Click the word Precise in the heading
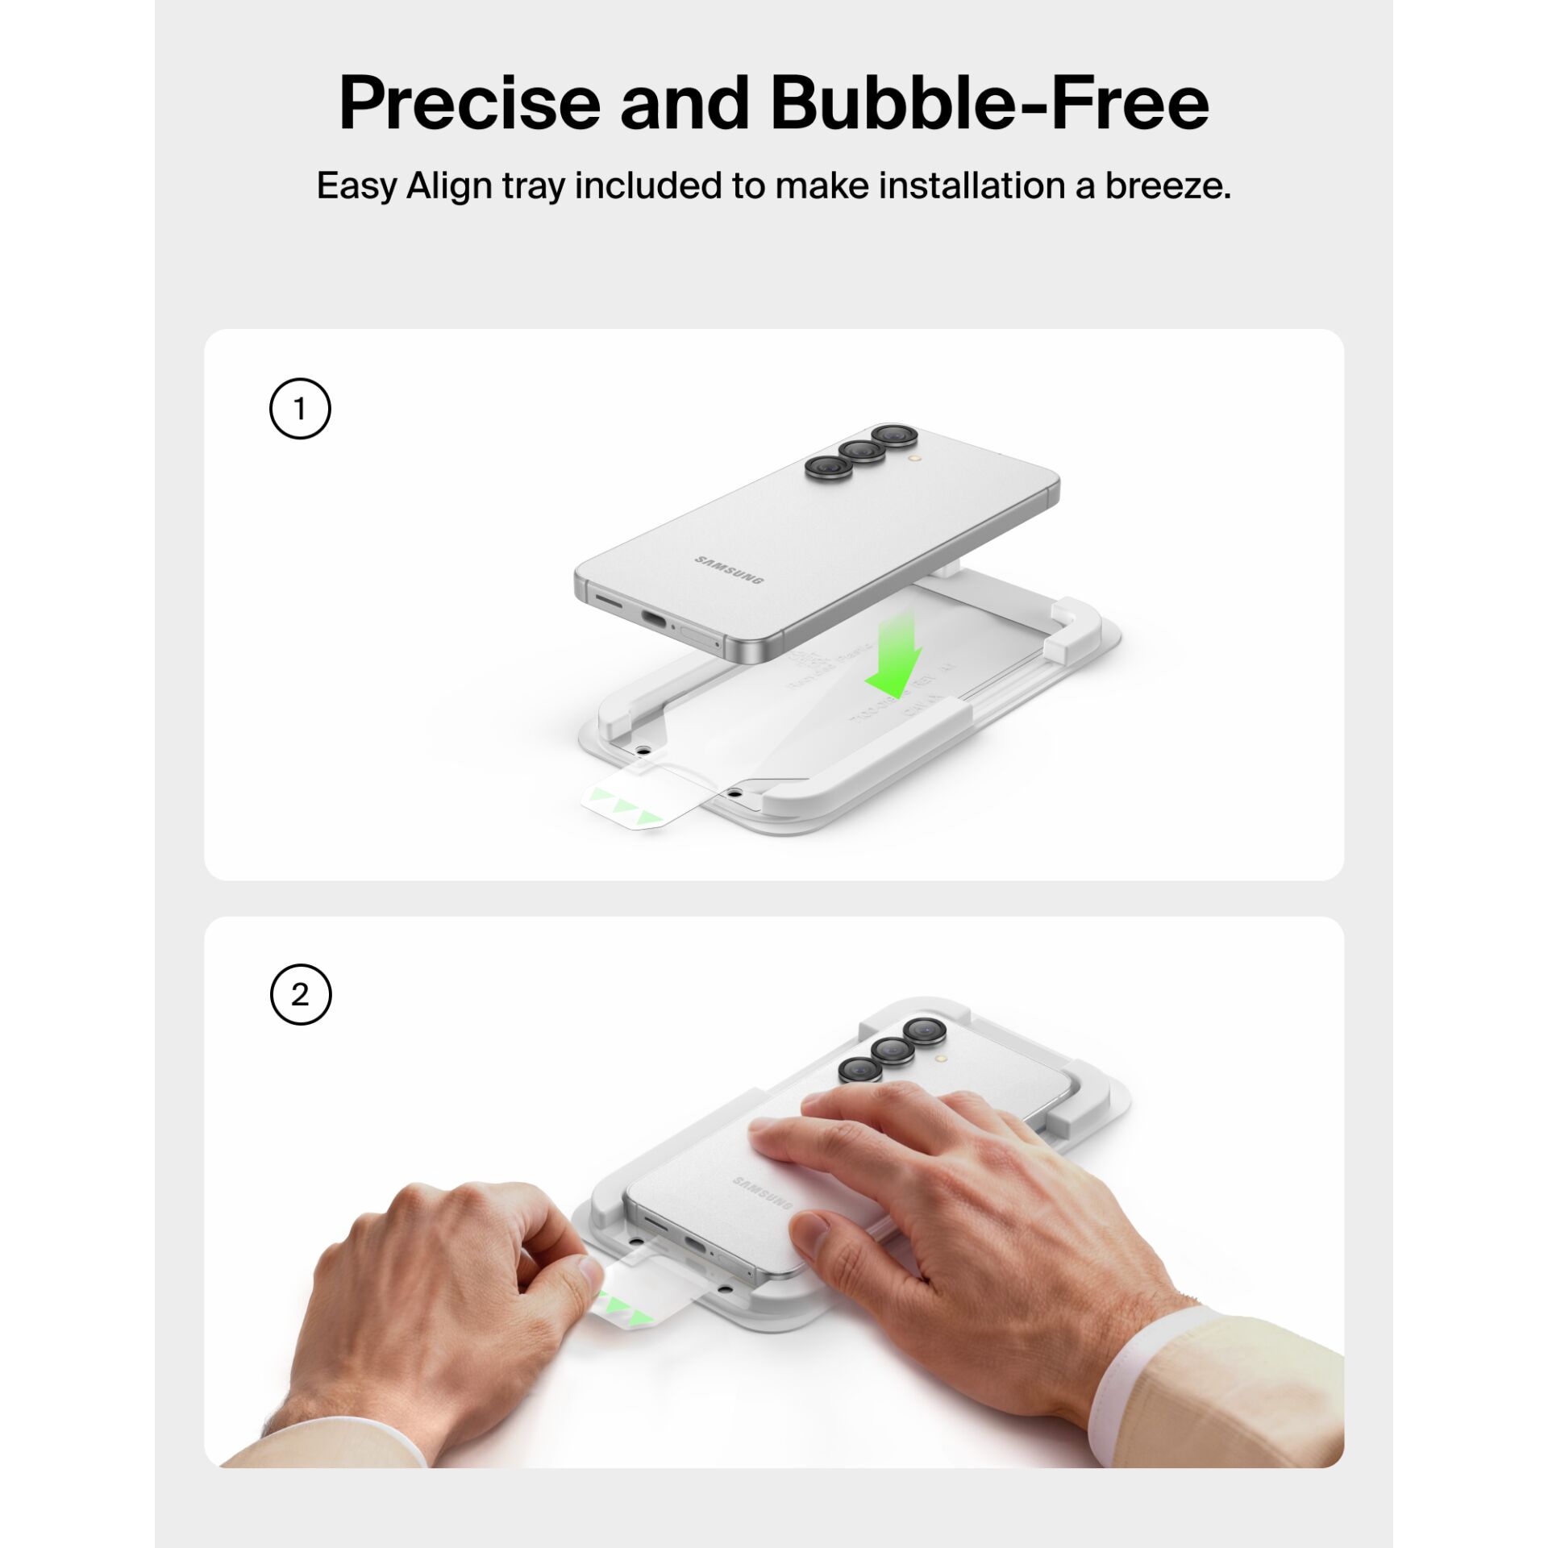point(469,103)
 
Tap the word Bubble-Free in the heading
point(989,103)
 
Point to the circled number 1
point(300,409)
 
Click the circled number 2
point(300,994)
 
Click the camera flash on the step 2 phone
point(941,1058)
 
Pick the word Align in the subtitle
point(449,186)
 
